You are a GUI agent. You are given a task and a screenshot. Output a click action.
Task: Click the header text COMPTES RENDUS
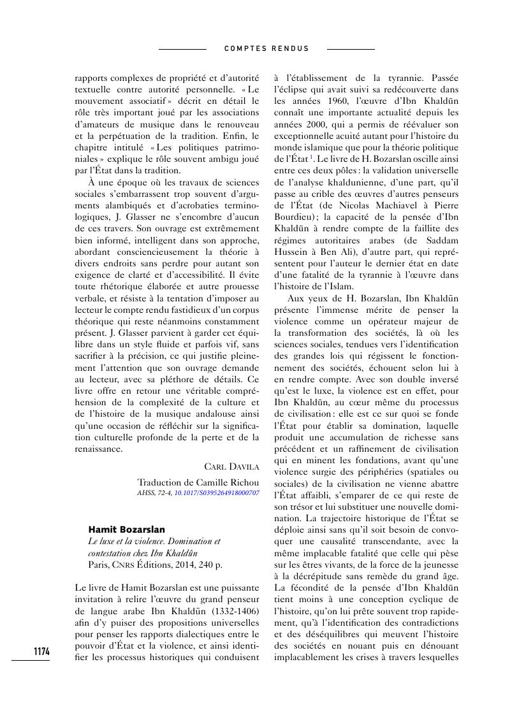[x=267, y=48]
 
